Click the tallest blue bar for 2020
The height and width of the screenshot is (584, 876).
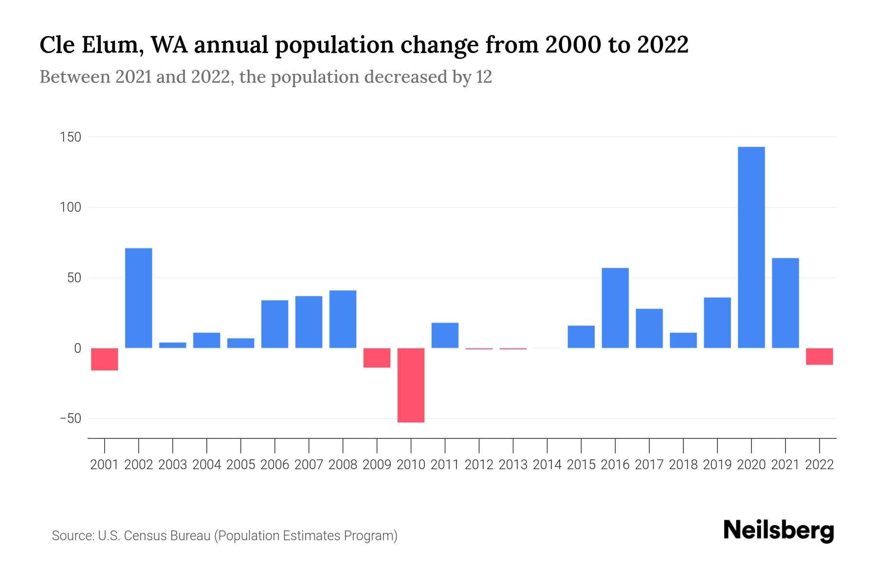pyautogui.click(x=751, y=247)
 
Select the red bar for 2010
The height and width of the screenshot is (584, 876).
pyautogui.click(x=411, y=385)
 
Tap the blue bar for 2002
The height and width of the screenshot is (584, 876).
pyautogui.click(x=139, y=298)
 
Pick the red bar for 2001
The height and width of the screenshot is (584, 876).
pyautogui.click(x=105, y=359)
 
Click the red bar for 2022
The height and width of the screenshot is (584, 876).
pyautogui.click(x=819, y=356)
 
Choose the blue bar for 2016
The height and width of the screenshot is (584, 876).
pyautogui.click(x=615, y=308)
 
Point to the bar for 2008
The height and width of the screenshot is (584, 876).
pyautogui.click(x=343, y=319)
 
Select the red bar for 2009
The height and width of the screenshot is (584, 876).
pyautogui.click(x=377, y=358)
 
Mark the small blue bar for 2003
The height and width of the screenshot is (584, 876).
pyautogui.click(x=173, y=345)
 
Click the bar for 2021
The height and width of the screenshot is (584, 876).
pyautogui.click(x=785, y=303)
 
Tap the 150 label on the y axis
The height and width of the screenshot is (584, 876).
pyautogui.click(x=70, y=137)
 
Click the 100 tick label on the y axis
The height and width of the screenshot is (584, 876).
pyautogui.click(x=70, y=208)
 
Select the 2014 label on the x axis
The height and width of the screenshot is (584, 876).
pyautogui.click(x=547, y=465)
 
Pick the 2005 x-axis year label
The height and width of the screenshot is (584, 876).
pyautogui.click(x=241, y=465)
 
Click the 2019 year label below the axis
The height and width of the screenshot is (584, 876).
pyautogui.click(x=717, y=465)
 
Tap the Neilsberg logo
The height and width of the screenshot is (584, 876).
pyautogui.click(x=779, y=530)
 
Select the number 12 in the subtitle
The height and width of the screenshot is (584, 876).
pyautogui.click(x=484, y=77)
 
